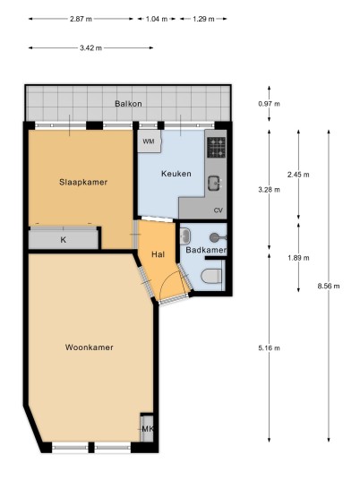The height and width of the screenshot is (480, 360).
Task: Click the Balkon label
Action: pos(128,104)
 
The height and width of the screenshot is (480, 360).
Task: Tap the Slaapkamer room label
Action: pos(83,182)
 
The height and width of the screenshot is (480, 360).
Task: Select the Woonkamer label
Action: pos(89,347)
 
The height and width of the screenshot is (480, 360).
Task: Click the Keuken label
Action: pos(176,174)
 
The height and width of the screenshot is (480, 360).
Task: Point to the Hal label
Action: pos(158,254)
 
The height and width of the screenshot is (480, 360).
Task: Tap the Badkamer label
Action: pos(206,250)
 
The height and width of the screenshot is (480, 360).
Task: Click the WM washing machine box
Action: pos(149,141)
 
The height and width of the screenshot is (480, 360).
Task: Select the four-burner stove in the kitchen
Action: pos(217,147)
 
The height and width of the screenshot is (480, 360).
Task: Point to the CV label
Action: pos(219,210)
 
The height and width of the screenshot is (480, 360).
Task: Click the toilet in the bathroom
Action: pos(211,276)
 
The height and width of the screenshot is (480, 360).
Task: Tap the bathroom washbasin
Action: pos(185,236)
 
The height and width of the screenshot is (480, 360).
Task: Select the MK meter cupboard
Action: pos(147,429)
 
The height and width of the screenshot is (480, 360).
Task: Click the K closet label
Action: pos(64,240)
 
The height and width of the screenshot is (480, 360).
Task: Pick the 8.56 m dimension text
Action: pos(329,286)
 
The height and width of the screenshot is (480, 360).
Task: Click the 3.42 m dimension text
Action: pos(91,47)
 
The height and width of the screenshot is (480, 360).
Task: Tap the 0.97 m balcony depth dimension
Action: pos(269,104)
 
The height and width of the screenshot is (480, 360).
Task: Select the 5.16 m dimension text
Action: pos(269,348)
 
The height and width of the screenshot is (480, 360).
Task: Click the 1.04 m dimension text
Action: pos(157,19)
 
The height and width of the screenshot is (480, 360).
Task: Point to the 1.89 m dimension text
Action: pos(298,258)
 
